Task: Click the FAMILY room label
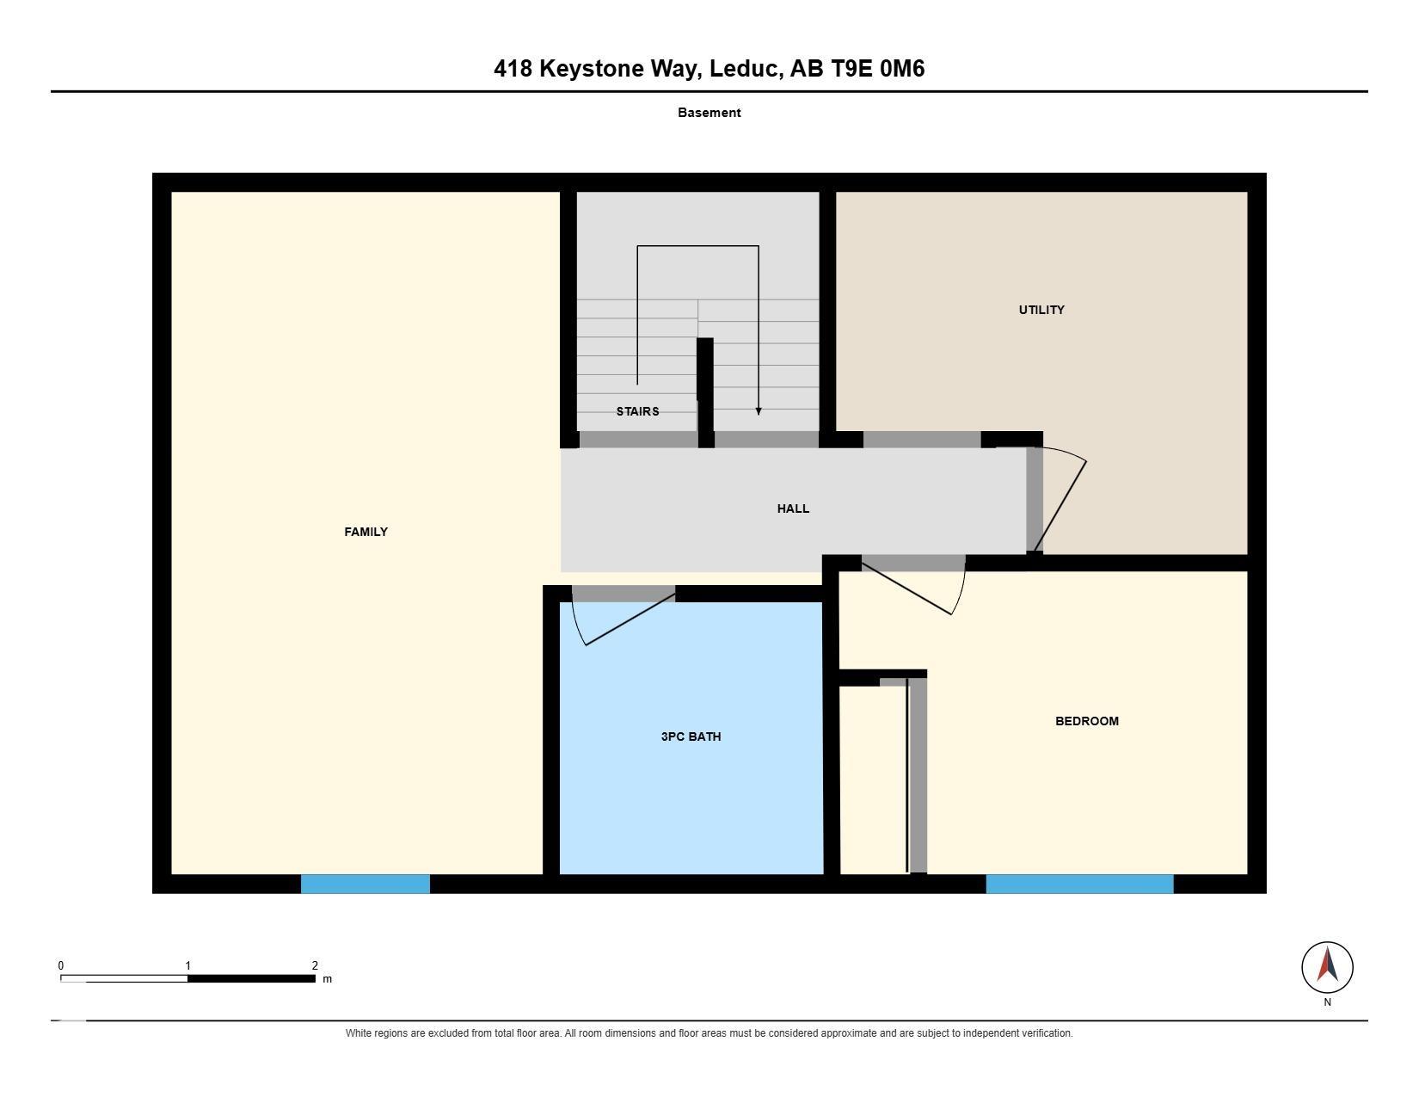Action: [365, 533]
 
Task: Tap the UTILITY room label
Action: [1041, 311]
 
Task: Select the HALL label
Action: [793, 509]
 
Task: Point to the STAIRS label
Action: [637, 411]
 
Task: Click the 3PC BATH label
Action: [691, 737]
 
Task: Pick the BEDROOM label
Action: [1087, 721]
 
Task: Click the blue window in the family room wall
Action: [365, 884]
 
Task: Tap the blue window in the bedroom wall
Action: [1079, 884]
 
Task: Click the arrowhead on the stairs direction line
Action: [759, 411]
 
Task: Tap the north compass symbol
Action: [1327, 968]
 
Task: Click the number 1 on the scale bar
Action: [188, 965]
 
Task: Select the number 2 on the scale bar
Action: [315, 965]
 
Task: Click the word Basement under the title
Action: [709, 113]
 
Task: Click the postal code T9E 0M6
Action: [878, 69]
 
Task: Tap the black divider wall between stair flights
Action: [705, 392]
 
